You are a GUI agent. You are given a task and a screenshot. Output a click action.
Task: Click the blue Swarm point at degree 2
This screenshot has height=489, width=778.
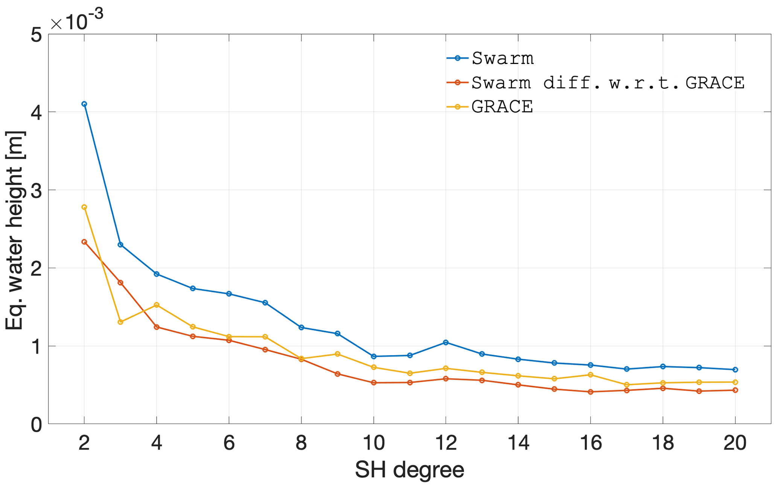coord(84,104)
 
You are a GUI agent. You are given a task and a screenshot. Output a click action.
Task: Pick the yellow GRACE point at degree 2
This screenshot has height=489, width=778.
coord(84,207)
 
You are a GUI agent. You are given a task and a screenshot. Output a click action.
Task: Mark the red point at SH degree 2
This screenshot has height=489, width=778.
coord(84,242)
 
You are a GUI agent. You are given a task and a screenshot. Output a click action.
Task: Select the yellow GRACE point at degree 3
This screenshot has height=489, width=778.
coord(120,322)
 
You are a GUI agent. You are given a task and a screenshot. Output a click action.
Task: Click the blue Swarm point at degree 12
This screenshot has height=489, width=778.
coord(446,342)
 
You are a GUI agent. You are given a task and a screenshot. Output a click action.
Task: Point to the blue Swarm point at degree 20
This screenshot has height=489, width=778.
coord(735,369)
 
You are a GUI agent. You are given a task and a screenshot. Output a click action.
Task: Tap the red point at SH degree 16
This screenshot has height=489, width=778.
coord(590,392)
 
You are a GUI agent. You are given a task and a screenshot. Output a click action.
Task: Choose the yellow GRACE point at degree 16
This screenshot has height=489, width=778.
coord(590,375)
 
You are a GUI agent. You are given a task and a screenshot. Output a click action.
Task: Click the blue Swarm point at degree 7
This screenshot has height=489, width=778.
coord(265,303)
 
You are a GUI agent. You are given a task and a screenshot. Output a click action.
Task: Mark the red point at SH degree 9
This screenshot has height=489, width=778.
coord(337,374)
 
